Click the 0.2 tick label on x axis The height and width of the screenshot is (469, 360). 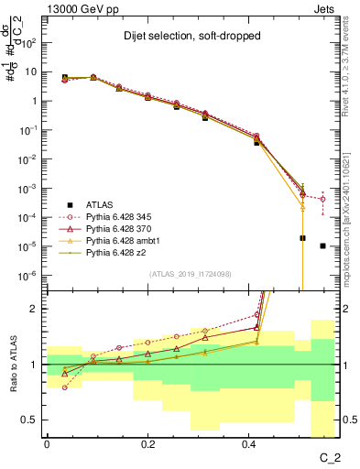147,442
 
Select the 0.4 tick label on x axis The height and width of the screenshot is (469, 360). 248,442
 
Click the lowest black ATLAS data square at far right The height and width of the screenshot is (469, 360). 322,245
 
